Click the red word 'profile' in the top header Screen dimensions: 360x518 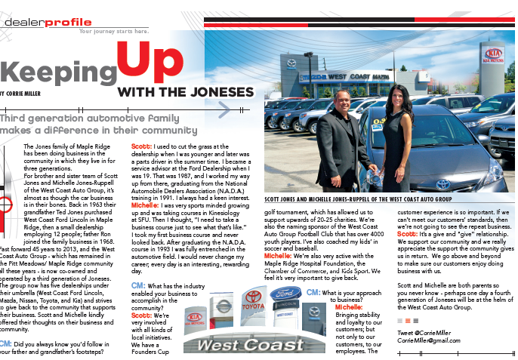tap(67, 22)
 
